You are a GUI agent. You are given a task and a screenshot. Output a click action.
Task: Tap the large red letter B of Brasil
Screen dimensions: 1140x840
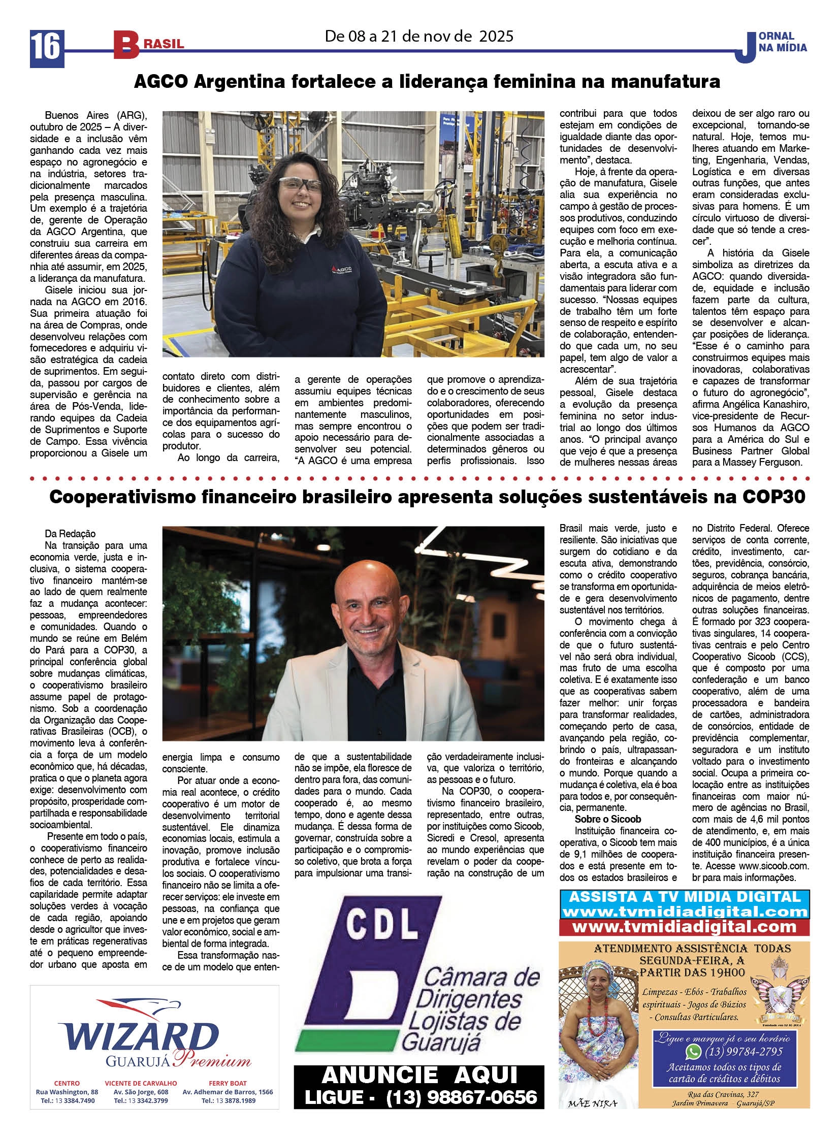(125, 45)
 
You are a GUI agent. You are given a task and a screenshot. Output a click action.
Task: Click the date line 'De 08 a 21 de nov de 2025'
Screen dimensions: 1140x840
(419, 36)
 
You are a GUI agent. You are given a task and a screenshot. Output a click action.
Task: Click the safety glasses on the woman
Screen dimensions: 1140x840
(300, 184)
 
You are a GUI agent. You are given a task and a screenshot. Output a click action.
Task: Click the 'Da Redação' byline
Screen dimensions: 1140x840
(70, 533)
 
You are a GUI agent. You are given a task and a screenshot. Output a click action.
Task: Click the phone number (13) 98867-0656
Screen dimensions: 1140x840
(461, 1097)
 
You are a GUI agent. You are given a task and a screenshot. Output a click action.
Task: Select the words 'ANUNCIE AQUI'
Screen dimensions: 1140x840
(419, 1076)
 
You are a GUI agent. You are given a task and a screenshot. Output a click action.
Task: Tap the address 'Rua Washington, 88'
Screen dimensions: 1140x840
(67, 1092)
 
